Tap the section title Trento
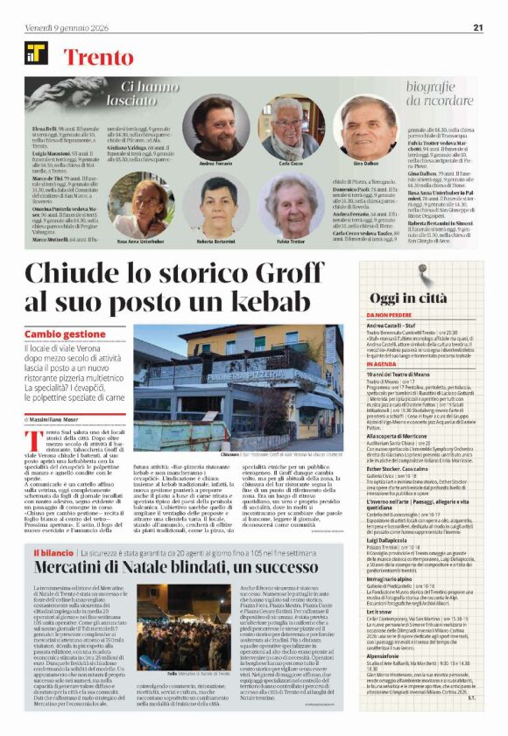pos(98,60)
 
